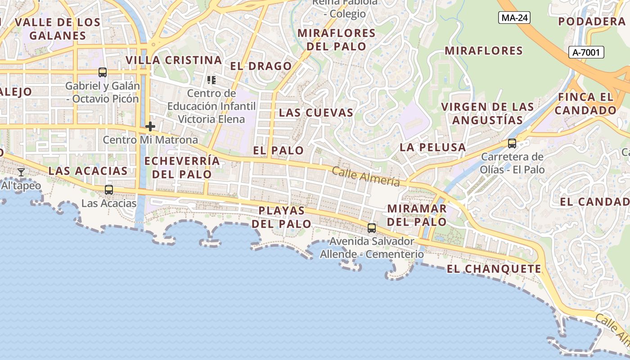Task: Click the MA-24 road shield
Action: (x=514, y=18)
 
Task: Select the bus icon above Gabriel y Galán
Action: (x=103, y=72)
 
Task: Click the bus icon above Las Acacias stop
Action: (x=108, y=190)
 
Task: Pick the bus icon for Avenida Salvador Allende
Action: (x=371, y=228)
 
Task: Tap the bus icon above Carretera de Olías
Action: (x=512, y=144)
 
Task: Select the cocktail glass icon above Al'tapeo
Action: (x=21, y=172)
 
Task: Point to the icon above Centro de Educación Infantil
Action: (x=211, y=80)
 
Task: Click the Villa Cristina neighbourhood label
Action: (x=174, y=60)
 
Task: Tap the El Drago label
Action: (x=261, y=66)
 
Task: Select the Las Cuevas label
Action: (x=316, y=112)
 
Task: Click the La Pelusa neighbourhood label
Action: (x=432, y=147)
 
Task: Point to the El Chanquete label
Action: (x=494, y=269)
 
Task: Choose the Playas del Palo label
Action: (x=281, y=217)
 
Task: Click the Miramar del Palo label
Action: (x=417, y=215)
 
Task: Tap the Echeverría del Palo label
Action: (x=182, y=167)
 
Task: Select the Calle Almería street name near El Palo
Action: (x=366, y=176)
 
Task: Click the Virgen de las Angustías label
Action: (x=487, y=113)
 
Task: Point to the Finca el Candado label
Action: (x=585, y=103)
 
